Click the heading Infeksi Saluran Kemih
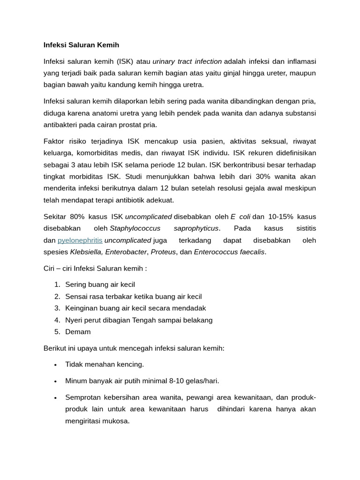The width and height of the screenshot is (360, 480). (x=81, y=45)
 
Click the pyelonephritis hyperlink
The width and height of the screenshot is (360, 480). (x=80, y=240)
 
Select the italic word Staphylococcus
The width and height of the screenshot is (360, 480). (x=135, y=228)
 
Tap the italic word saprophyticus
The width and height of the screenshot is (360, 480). (x=196, y=228)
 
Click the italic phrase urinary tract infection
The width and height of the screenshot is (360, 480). (x=187, y=61)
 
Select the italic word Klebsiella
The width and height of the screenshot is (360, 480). (x=86, y=252)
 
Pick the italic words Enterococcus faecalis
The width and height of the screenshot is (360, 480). (x=229, y=252)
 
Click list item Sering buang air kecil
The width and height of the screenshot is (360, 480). (x=100, y=285)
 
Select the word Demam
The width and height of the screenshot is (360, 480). (x=78, y=332)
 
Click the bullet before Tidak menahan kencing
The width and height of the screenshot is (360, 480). (x=55, y=365)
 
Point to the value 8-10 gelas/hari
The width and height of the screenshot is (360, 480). (x=195, y=381)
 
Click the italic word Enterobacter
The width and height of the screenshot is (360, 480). (x=126, y=252)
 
